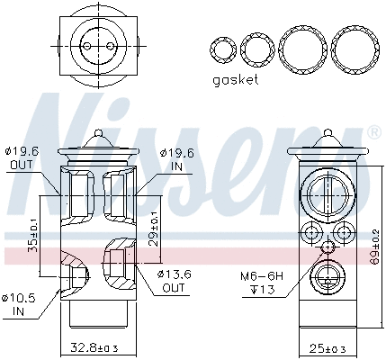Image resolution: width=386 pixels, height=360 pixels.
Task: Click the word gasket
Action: pos(235,79)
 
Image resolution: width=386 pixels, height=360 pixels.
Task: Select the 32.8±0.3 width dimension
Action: pos(96,346)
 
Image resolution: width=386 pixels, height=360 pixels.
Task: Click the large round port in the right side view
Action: pos(326,193)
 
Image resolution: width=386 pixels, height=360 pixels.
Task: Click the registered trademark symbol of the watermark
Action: pos(373,133)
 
